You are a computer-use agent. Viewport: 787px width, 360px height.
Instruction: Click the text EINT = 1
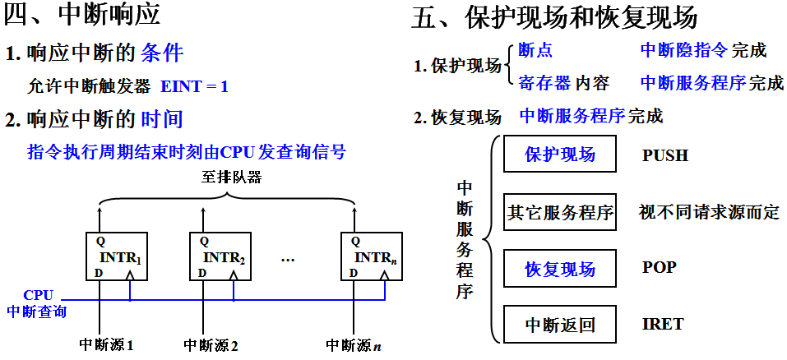(194, 85)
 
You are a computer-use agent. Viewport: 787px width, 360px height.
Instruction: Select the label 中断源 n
(354, 345)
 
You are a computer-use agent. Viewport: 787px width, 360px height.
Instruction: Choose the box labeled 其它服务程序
(560, 213)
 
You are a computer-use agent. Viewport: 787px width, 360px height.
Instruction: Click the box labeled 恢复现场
(560, 270)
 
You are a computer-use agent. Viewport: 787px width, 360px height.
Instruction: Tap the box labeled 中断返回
(560, 325)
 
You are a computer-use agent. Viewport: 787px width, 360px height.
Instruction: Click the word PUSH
(664, 156)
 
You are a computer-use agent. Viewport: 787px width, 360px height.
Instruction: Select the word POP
(659, 269)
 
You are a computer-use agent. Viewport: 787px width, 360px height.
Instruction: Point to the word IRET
(662, 324)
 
